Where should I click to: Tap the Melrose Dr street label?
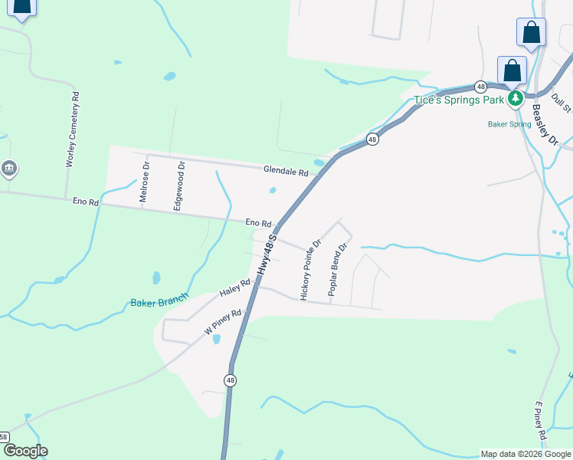tap(143, 182)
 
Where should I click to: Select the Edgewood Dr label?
tap(178, 185)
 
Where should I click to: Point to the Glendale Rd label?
tap(286, 172)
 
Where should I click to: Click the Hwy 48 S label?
tap(266, 255)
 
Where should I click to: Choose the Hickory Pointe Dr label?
tap(310, 269)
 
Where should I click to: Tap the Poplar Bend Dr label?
tap(338, 269)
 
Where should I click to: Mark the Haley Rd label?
tap(235, 287)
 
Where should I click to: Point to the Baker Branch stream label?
tap(159, 302)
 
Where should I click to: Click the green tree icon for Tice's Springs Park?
tap(516, 98)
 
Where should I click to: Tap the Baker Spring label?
tap(509, 123)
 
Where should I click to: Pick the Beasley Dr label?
tap(545, 124)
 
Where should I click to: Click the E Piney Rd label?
tap(540, 421)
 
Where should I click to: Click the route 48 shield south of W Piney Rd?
tap(230, 380)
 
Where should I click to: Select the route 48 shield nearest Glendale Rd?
tap(372, 139)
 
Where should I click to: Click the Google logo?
tap(25, 451)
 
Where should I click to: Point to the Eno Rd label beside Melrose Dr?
tap(86, 202)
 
